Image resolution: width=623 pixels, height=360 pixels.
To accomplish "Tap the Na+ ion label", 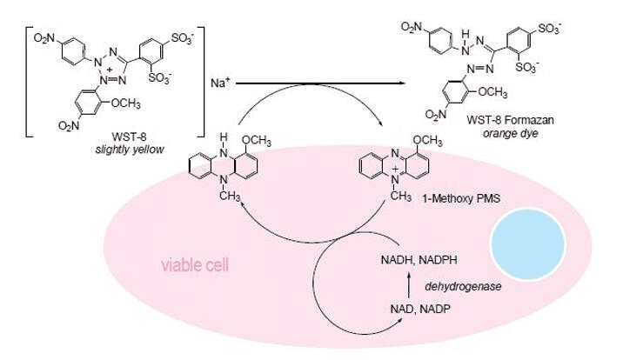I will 219,83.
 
